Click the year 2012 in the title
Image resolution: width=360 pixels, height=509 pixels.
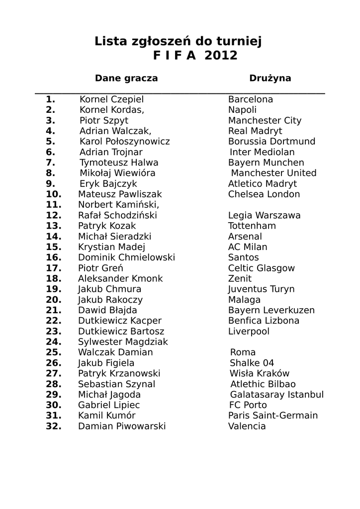click(x=218, y=56)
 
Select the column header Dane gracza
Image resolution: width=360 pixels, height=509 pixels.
click(x=126, y=78)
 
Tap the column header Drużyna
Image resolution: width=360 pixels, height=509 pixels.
click(x=270, y=78)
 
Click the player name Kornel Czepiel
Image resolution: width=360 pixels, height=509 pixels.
click(x=111, y=99)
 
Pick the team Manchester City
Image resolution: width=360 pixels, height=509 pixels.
click(x=265, y=120)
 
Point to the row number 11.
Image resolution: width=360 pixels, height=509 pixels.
click(x=53, y=205)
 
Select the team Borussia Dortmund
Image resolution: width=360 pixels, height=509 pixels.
click(x=271, y=142)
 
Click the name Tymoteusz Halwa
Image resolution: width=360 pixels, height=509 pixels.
click(x=119, y=163)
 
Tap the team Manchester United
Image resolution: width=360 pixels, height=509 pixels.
click(x=273, y=173)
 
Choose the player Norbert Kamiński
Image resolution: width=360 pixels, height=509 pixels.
click(x=119, y=205)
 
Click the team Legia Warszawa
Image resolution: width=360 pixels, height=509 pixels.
click(x=264, y=215)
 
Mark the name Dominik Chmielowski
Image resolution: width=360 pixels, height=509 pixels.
click(x=126, y=257)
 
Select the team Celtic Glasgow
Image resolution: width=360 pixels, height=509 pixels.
click(x=261, y=268)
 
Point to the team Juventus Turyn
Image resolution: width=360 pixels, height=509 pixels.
click(x=261, y=289)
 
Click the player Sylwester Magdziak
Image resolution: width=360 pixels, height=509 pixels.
click(x=123, y=342)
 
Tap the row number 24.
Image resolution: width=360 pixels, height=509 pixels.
click(x=53, y=342)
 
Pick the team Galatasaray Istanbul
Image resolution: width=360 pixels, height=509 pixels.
click(x=276, y=395)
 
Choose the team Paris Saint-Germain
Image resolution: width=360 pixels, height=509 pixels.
click(x=273, y=416)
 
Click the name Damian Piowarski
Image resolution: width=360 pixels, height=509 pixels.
click(x=122, y=426)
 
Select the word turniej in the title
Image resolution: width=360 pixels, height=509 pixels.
click(x=238, y=41)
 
